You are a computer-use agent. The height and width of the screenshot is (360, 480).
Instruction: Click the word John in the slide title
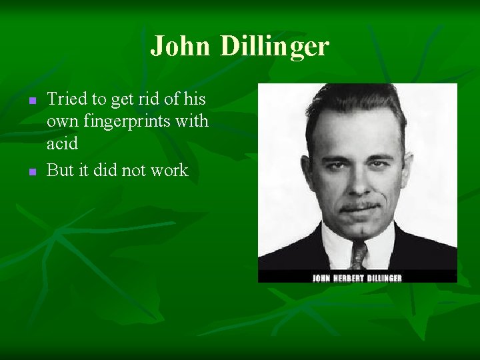pyautogui.click(x=180, y=47)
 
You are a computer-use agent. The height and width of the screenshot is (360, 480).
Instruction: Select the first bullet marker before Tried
pyautogui.click(x=31, y=101)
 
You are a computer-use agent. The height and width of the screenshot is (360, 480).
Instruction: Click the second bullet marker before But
pyautogui.click(x=31, y=171)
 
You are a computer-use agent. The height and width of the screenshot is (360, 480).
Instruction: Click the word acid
pyautogui.click(x=62, y=143)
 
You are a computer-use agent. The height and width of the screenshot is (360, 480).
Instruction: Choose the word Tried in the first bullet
pyautogui.click(x=67, y=100)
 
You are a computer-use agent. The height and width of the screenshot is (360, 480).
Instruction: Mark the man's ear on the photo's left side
pyautogui.click(x=309, y=170)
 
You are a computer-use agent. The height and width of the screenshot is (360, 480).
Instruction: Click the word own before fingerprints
pyautogui.click(x=62, y=122)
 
